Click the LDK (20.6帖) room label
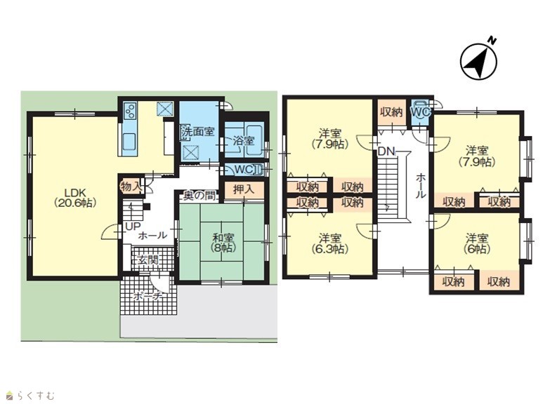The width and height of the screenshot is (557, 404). point(75,198)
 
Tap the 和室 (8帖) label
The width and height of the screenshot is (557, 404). point(223,242)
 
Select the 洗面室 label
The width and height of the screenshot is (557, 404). point(198,131)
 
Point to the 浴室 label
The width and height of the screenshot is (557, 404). point(244,140)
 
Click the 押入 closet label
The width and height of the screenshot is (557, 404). point(244,189)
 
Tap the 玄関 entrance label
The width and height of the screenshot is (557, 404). point(148,260)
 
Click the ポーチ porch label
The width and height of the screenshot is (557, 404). point(148,296)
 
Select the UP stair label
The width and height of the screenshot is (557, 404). point(133,226)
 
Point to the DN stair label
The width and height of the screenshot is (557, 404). point(386,151)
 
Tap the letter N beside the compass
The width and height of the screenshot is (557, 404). point(491,41)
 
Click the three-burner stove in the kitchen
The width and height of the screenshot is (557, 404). point(130,110)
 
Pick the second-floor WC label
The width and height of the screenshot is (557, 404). point(420,112)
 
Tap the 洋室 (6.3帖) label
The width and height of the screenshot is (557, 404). point(330,243)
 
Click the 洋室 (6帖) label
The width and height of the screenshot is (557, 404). point(478,243)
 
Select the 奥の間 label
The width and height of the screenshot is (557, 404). point(199,196)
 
